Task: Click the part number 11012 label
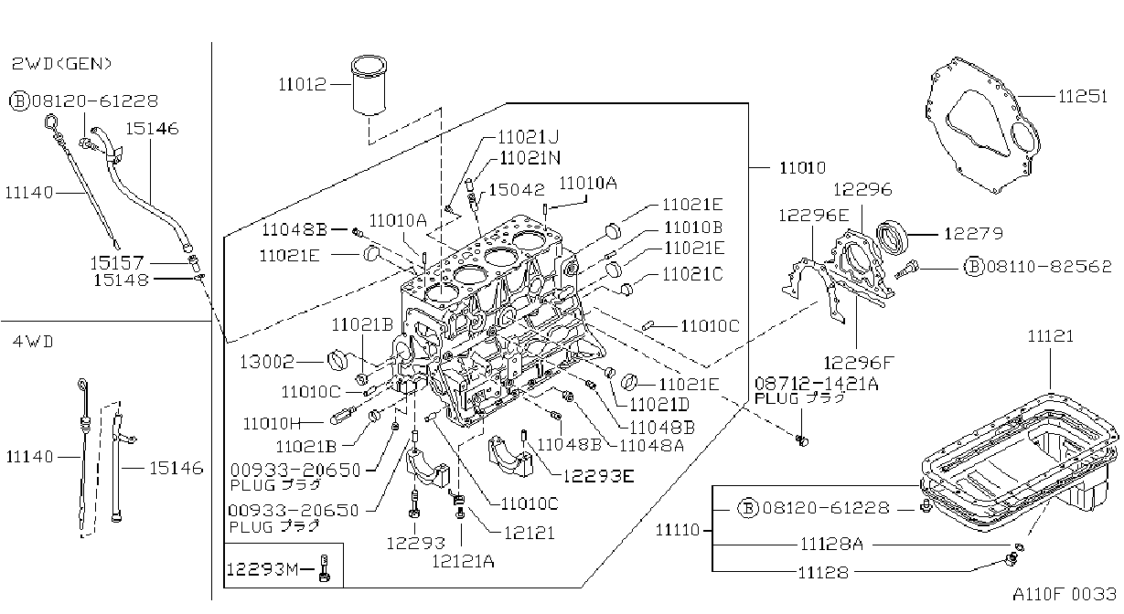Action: (302, 84)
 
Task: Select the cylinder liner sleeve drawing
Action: (369, 85)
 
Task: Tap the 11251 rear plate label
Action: (1082, 96)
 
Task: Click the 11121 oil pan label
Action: (1050, 336)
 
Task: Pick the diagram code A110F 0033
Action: (1065, 594)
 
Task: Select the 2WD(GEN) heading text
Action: (61, 64)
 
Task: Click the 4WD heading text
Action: (33, 342)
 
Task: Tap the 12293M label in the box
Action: (262, 569)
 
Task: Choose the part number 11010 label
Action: (802, 167)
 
